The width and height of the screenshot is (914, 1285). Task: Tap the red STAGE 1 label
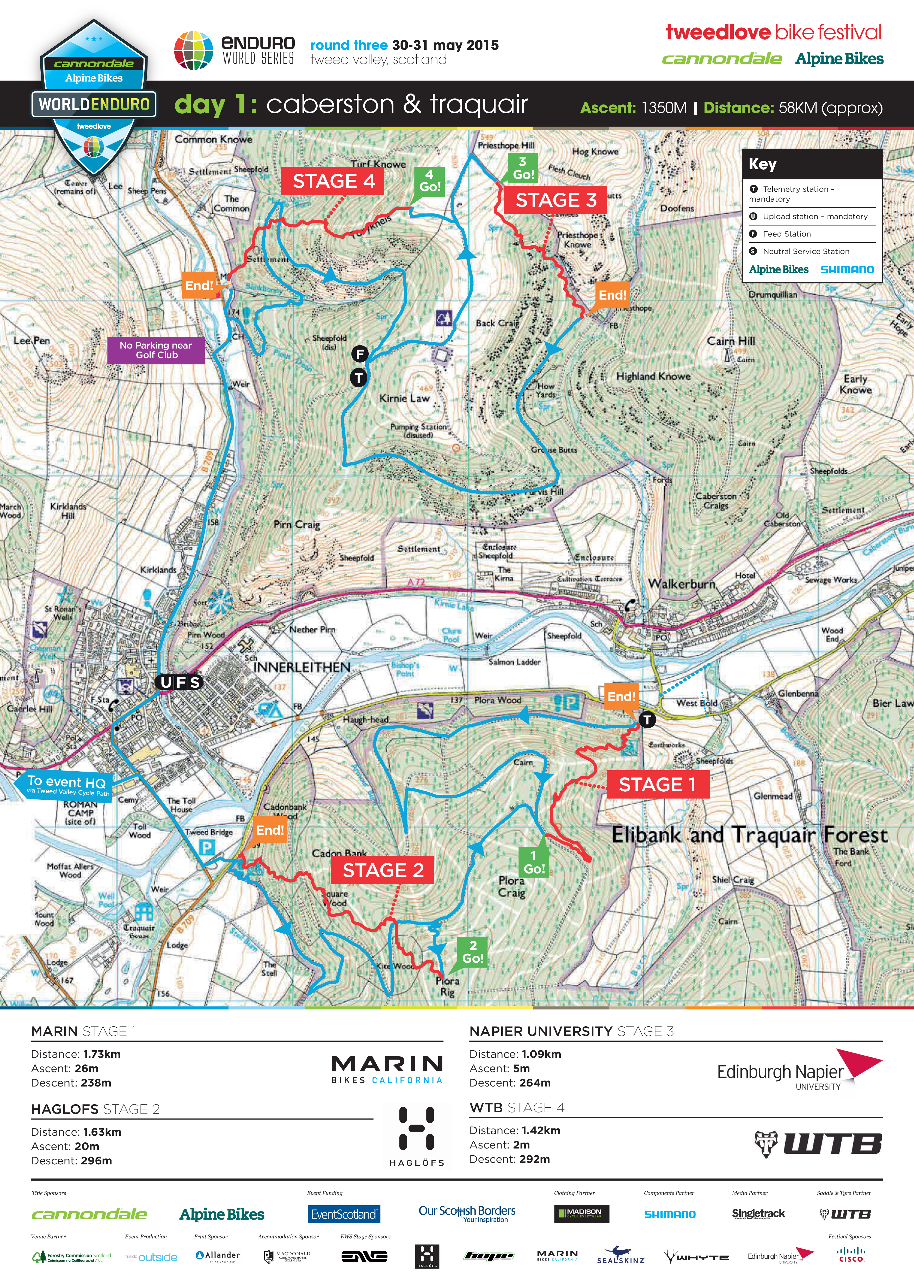click(657, 784)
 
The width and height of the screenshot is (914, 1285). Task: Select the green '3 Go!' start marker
click(523, 168)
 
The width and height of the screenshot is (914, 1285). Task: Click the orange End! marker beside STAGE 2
click(270, 830)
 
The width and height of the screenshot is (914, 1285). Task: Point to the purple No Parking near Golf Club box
click(156, 350)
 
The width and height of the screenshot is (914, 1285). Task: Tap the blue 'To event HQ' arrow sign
click(66, 784)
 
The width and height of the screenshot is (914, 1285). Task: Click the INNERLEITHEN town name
click(302, 667)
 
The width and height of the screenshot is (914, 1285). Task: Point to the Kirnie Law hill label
click(404, 398)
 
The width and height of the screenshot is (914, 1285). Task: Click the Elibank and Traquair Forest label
click(749, 835)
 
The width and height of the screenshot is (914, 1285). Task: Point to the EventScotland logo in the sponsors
click(344, 1214)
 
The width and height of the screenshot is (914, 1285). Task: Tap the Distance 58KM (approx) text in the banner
click(792, 108)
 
